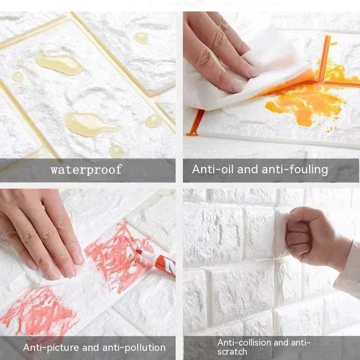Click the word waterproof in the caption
(x=86, y=170)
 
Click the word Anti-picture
(x=50, y=347)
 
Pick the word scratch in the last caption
(x=232, y=351)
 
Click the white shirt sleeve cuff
(x=348, y=270)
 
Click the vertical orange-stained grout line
(x=324, y=58)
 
